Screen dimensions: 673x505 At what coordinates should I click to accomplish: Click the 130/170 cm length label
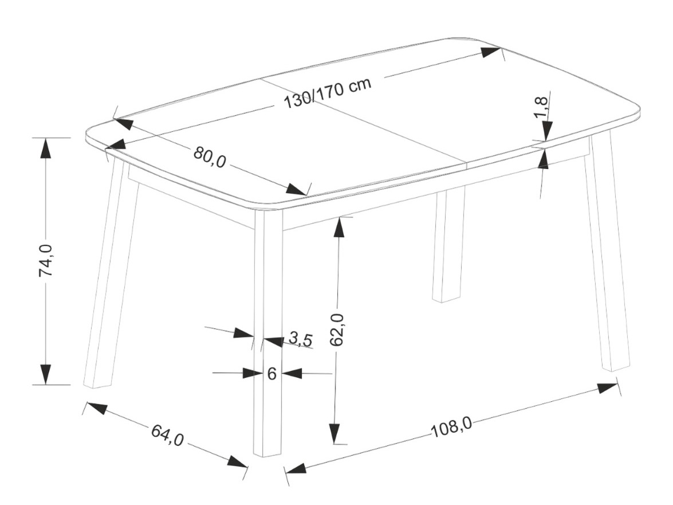pyautogui.click(x=328, y=93)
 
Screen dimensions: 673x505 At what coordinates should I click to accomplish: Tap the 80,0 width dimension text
pyautogui.click(x=210, y=157)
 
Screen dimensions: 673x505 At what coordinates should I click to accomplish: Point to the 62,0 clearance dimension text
pyautogui.click(x=337, y=330)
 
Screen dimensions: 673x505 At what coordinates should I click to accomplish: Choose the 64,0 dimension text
pyautogui.click(x=167, y=434)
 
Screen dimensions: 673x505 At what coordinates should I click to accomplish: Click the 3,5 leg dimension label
pyautogui.click(x=300, y=339)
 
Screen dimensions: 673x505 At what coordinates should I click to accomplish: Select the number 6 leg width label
pyautogui.click(x=271, y=374)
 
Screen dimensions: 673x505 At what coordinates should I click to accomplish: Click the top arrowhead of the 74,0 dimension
pyautogui.click(x=45, y=149)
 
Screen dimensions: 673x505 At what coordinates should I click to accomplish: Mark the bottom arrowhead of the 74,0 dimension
pyautogui.click(x=45, y=374)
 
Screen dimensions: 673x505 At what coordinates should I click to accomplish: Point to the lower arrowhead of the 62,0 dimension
pyautogui.click(x=335, y=433)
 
